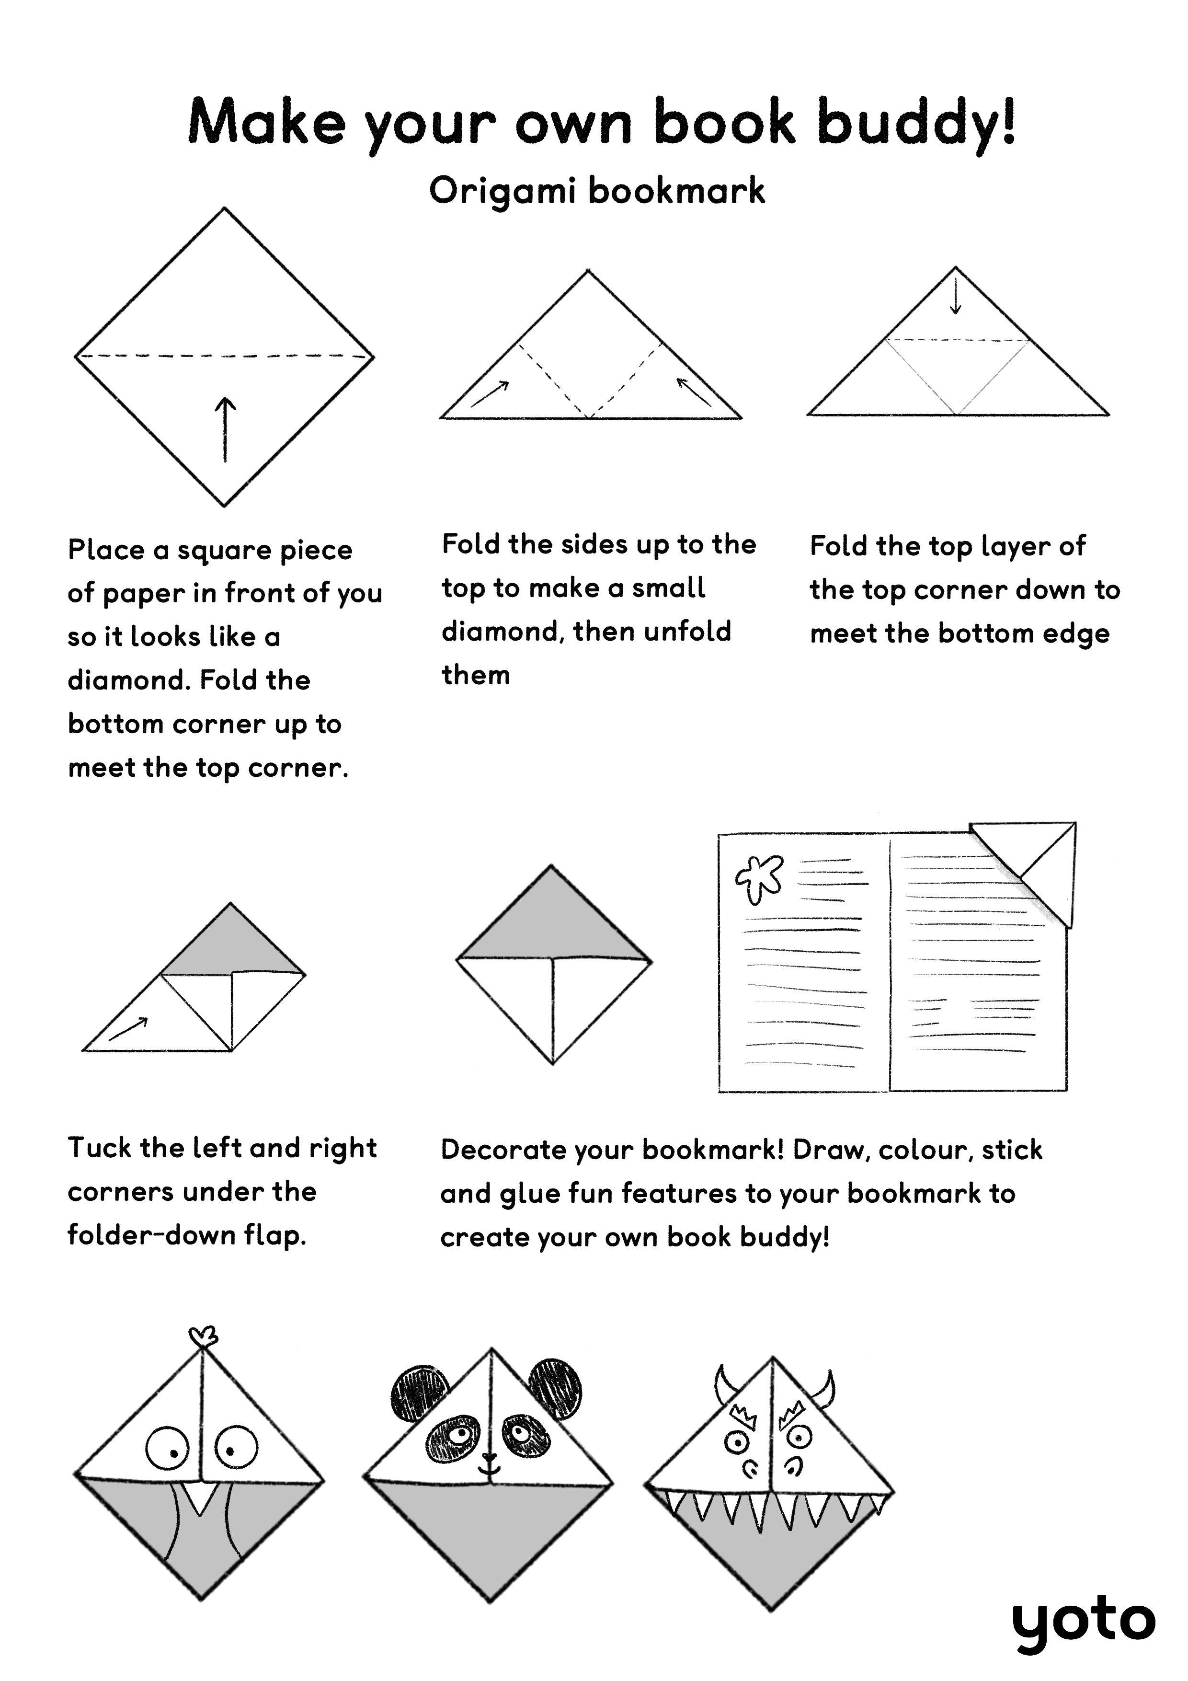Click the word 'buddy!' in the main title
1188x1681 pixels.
click(x=916, y=124)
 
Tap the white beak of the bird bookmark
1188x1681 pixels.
click(x=200, y=1498)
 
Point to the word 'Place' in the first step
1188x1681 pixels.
click(x=105, y=550)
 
